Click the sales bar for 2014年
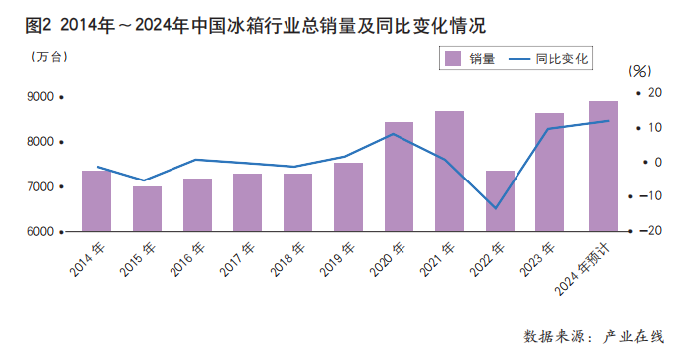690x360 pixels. pyautogui.click(x=96, y=201)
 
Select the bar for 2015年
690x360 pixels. pyautogui.click(x=147, y=209)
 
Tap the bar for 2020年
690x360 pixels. pyautogui.click(x=399, y=178)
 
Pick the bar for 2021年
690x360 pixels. pyautogui.click(x=449, y=172)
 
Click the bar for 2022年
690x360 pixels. pyautogui.click(x=500, y=201)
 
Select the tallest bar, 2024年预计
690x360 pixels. pyautogui.click(x=603, y=167)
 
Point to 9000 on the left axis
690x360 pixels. pyautogui.click(x=40, y=97)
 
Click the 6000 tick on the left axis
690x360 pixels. pyautogui.click(x=40, y=232)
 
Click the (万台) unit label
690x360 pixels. pyautogui.click(x=49, y=56)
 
